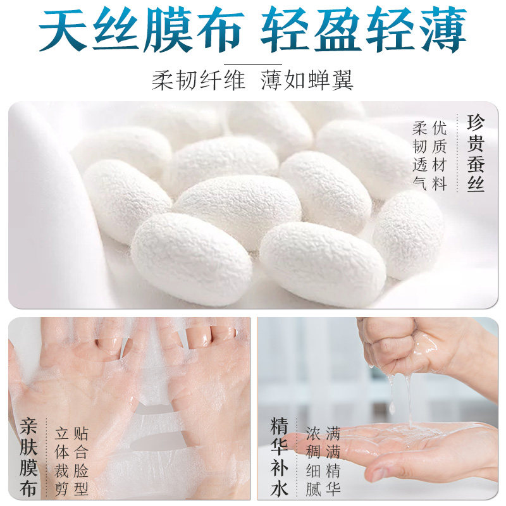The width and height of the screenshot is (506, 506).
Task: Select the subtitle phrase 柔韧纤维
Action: pos(198,80)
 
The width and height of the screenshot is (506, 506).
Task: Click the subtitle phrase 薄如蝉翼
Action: pos(307,80)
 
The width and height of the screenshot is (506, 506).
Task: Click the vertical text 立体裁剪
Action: pos(61,461)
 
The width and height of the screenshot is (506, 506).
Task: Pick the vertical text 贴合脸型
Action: pos(81,461)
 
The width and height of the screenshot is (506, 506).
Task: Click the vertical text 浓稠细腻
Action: pos(314,461)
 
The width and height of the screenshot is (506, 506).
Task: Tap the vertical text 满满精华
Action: pos(333,461)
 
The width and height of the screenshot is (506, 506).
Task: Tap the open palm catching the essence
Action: pos(417,443)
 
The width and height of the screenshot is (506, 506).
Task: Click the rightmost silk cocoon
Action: pos(408,234)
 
